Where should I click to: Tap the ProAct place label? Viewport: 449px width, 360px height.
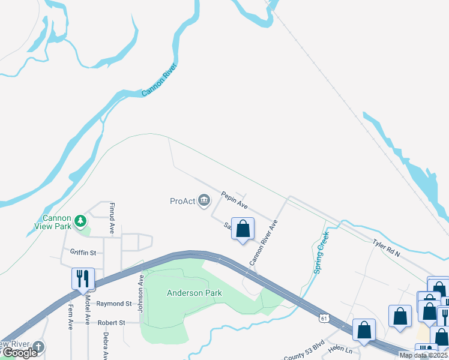click(182, 200)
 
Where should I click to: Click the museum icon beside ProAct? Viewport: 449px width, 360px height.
click(204, 200)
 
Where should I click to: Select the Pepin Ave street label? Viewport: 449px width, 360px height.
click(234, 200)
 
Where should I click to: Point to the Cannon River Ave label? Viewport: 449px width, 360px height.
click(264, 242)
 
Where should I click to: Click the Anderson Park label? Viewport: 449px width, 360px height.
click(194, 293)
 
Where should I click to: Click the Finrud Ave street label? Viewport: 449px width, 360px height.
click(112, 217)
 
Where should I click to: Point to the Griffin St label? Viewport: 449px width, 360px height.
click(83, 253)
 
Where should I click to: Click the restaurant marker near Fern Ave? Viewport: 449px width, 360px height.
click(83, 278)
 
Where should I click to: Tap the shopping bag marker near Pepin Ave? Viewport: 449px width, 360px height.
click(243, 229)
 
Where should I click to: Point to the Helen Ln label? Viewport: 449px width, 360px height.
click(341, 349)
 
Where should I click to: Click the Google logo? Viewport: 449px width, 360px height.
click(19, 353)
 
